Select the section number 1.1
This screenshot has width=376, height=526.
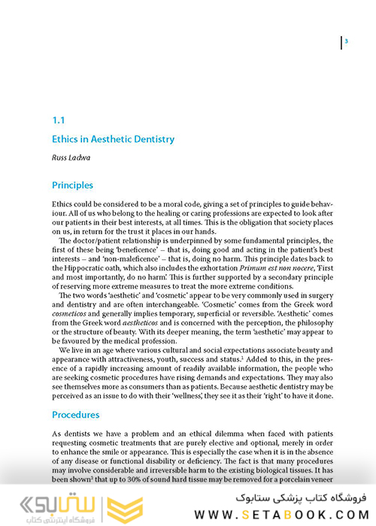pyautogui.click(x=59, y=119)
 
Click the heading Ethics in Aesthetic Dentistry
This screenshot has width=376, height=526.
pyautogui.click(x=113, y=139)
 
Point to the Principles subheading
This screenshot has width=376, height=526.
pyautogui.click(x=72, y=185)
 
